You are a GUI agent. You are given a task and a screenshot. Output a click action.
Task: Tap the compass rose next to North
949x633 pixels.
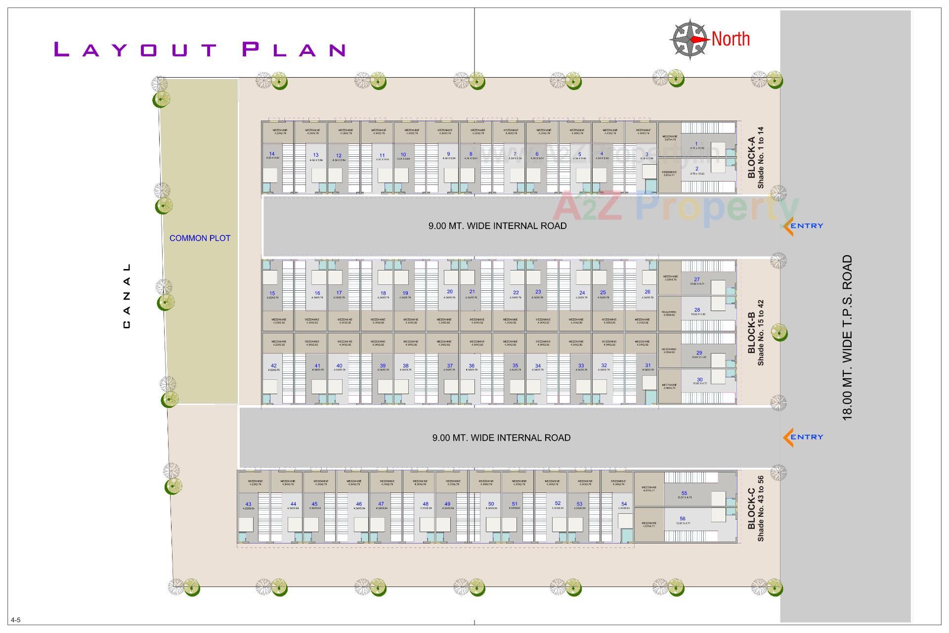point(689,40)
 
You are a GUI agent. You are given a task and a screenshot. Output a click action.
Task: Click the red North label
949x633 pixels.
point(731,39)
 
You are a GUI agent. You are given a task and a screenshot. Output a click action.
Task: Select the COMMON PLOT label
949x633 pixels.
point(200,238)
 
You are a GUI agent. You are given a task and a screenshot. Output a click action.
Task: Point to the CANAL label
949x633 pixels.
point(127,296)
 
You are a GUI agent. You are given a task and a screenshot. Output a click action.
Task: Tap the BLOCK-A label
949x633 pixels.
point(751,158)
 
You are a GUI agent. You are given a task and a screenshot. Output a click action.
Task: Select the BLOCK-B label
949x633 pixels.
point(751,332)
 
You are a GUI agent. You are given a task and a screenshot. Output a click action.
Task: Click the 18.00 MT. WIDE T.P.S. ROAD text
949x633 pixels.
point(848,337)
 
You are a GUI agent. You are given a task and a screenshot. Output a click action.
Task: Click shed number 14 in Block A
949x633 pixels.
point(272,154)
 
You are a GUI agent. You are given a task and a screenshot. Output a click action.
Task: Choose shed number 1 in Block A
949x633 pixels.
point(696,144)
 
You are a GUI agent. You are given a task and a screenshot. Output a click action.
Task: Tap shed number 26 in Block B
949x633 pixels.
point(647,292)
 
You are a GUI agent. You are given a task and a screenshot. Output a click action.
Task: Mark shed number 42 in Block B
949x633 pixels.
point(274,366)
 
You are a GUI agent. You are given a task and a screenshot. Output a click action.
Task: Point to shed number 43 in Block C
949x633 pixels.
point(248,504)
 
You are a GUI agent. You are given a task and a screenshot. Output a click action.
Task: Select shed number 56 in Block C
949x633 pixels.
point(683,519)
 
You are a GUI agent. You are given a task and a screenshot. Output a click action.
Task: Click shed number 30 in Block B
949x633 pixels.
point(699,380)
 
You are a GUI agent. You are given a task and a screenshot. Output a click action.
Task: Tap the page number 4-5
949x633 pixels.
point(16,620)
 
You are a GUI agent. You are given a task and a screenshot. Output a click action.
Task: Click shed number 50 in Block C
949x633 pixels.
point(491,504)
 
